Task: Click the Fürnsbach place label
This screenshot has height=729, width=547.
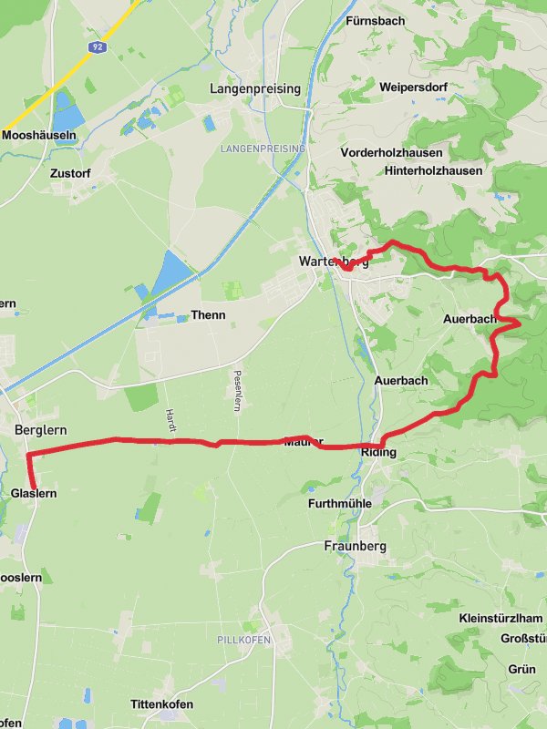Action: pos(375,20)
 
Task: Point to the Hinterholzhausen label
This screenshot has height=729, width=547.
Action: pos(433,170)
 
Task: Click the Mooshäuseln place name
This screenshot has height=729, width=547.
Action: pos(39,135)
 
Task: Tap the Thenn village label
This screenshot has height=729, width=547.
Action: pos(208,315)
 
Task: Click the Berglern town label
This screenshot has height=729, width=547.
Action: pos(42,429)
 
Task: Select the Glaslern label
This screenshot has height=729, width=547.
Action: pos(35,493)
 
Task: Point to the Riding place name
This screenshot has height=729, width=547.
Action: pos(378,452)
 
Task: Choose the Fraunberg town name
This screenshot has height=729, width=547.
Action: pos(356,547)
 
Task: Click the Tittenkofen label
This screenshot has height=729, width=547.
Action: pos(161,705)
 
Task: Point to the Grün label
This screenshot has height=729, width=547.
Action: pos(522,669)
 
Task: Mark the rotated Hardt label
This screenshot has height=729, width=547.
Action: pos(170,418)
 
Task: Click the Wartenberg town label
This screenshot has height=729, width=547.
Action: pos(334,262)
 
